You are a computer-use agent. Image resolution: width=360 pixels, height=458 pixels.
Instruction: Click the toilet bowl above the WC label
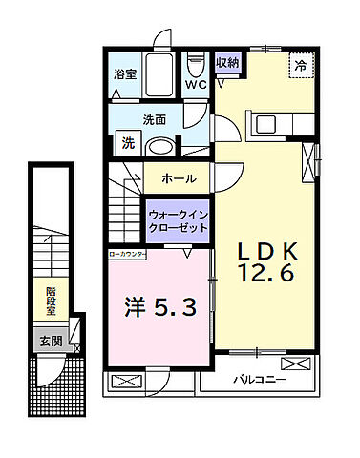[196, 65]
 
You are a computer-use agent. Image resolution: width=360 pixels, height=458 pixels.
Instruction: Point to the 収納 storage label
[226, 64]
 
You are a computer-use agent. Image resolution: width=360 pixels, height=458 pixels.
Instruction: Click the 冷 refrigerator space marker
[300, 67]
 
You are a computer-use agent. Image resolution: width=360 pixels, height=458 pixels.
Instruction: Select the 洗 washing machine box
[127, 145]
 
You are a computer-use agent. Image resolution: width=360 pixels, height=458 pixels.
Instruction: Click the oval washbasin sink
[162, 146]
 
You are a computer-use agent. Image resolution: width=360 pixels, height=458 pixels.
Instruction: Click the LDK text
[269, 250]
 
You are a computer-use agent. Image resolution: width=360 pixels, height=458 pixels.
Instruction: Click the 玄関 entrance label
[52, 340]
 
